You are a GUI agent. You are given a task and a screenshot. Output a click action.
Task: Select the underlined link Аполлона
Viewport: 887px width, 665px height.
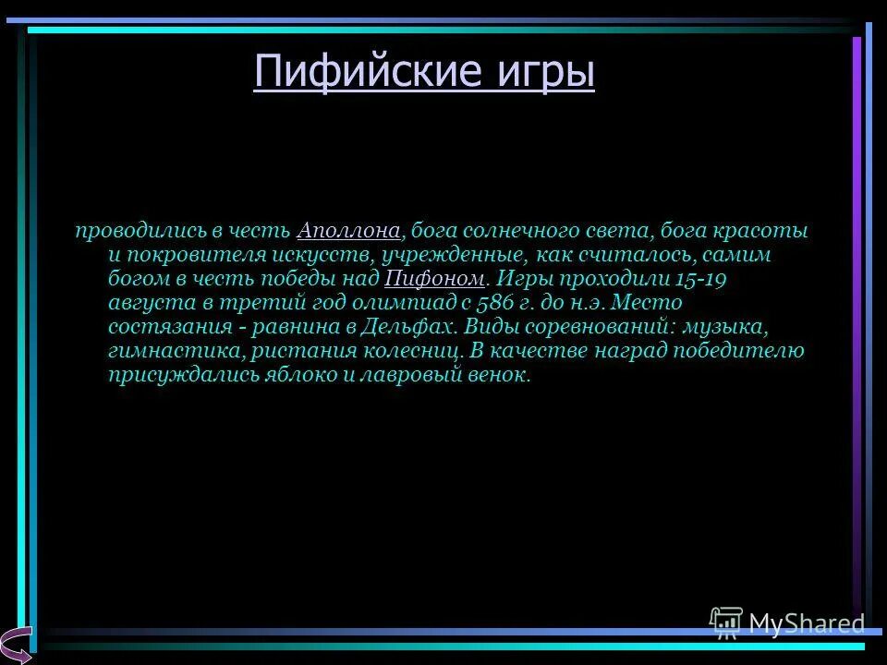tap(348, 230)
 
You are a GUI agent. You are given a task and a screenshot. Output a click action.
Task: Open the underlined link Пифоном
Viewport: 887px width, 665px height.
tap(433, 278)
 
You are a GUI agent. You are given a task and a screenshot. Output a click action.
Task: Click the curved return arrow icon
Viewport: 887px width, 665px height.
tap(17, 643)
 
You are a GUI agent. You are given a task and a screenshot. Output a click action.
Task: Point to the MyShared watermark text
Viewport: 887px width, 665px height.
tap(806, 623)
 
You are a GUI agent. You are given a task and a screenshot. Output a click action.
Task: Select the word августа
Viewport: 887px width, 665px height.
tap(144, 302)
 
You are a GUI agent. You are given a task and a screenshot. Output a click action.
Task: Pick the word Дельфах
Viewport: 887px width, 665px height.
tap(412, 326)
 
